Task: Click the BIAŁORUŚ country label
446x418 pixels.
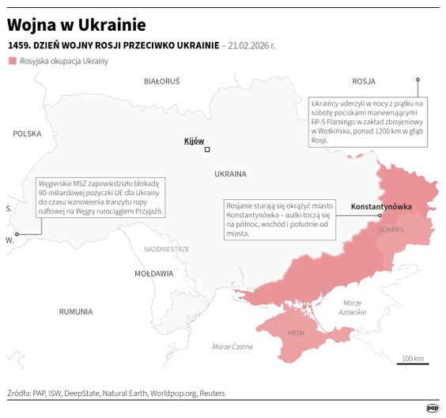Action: [x=161, y=81]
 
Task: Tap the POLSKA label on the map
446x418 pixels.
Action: [x=26, y=134]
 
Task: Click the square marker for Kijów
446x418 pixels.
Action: [x=207, y=149]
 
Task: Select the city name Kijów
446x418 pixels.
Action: [x=193, y=141]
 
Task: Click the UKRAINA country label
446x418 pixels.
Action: [x=230, y=173]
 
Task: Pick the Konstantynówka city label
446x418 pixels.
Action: [x=380, y=205]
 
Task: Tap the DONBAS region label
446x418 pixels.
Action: [x=391, y=230]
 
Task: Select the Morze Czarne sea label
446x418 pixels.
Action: [x=232, y=347]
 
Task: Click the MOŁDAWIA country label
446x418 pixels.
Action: [x=153, y=273]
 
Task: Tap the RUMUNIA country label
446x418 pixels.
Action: [x=76, y=311]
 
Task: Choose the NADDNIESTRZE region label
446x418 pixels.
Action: [x=166, y=249]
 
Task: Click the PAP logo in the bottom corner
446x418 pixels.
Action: [x=432, y=408]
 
